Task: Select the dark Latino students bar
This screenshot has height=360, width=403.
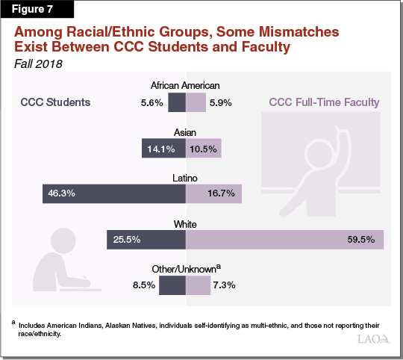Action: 114,193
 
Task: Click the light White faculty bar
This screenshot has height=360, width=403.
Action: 284,240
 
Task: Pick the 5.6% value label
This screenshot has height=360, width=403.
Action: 152,102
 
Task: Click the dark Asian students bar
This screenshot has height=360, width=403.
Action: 163,149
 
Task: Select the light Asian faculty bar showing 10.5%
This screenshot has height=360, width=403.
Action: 202,149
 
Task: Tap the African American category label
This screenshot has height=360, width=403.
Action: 185,85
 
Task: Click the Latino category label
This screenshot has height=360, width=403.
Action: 185,177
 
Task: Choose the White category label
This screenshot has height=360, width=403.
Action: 185,223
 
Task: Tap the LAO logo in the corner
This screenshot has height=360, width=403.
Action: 372,339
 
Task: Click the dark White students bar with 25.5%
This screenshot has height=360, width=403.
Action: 146,240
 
